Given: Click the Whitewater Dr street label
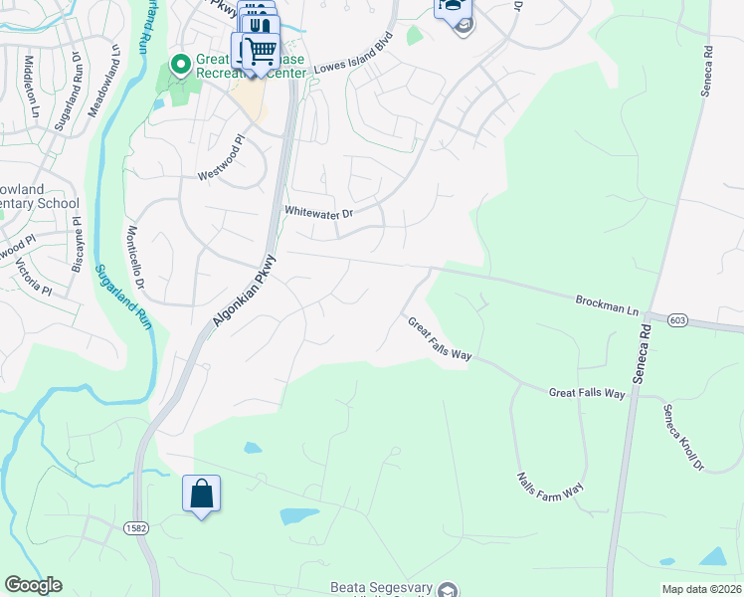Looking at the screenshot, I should tap(318, 211).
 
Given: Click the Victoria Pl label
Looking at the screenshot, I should tap(32, 276).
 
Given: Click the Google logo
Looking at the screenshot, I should tap(33, 585).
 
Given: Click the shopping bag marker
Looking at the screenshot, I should tap(201, 494).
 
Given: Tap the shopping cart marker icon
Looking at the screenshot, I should tap(260, 49).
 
